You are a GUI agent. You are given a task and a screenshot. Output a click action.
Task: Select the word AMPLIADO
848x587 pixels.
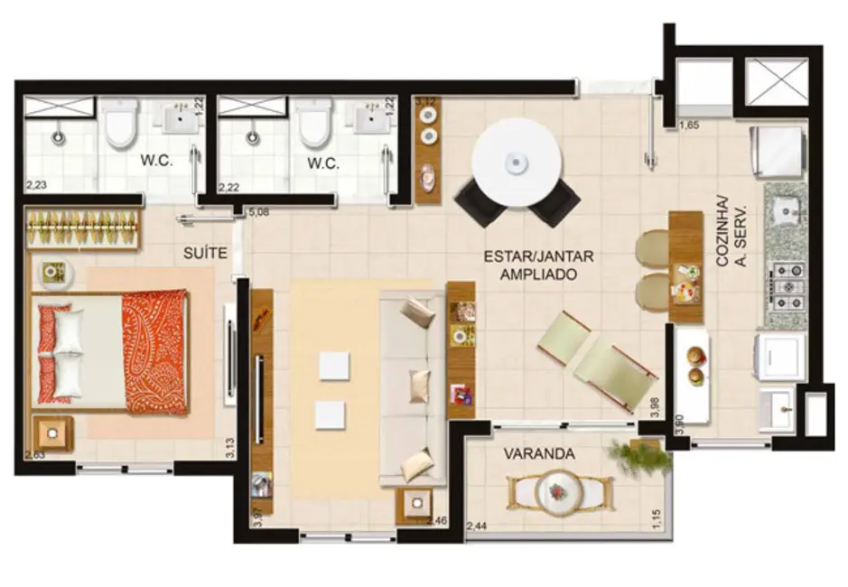(x=538, y=274)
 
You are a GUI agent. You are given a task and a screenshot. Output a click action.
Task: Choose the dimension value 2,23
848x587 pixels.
(x=36, y=185)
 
